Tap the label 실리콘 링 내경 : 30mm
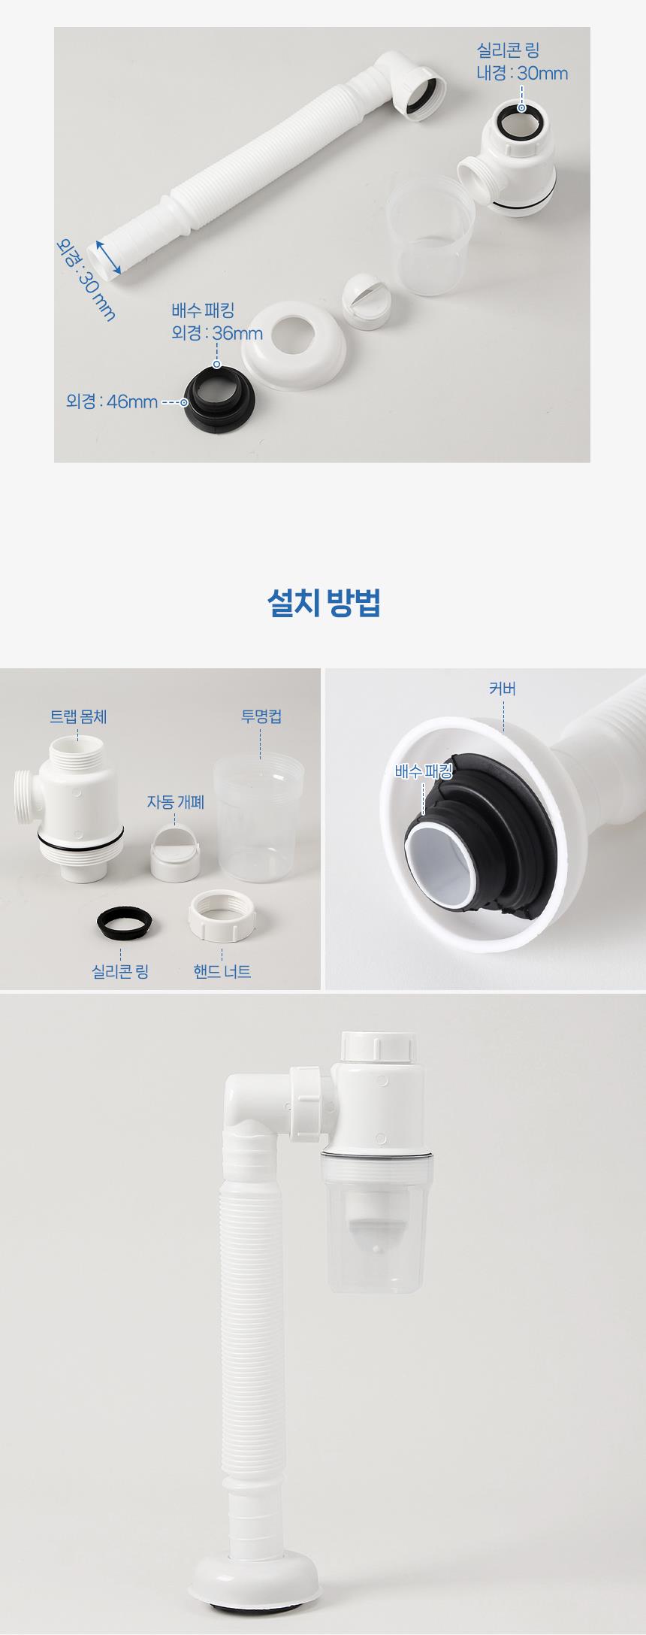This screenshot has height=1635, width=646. pos(522,62)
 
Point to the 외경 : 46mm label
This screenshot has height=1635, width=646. pos(112,401)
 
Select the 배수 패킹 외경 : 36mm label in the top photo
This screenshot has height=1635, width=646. pos(216,322)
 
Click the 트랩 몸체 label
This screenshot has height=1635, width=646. pos(78,716)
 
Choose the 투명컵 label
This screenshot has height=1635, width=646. pos(261,716)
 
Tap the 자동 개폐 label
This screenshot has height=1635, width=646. pos(175,802)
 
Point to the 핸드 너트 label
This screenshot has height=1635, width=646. pos(222,971)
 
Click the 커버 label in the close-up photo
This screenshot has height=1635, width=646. pos(502,689)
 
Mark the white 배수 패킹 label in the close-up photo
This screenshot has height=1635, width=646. pos(424,771)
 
